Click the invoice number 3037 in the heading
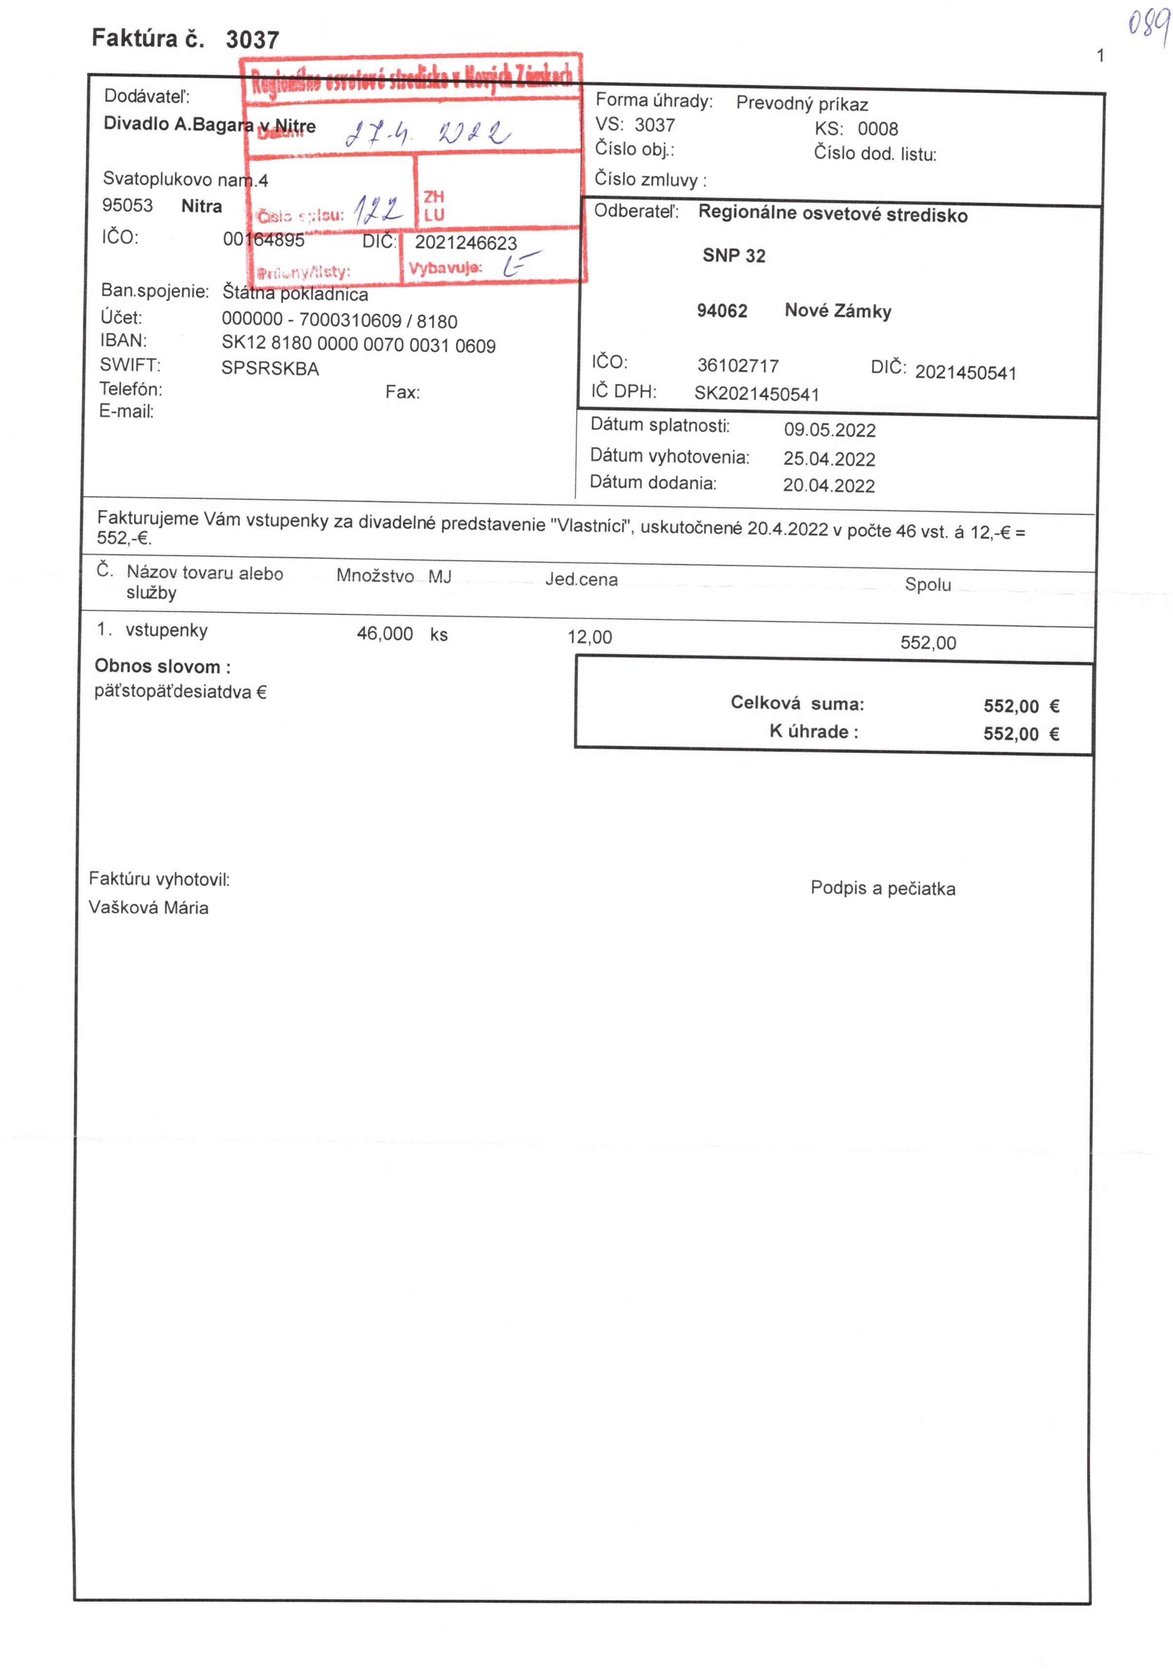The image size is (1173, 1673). [252, 39]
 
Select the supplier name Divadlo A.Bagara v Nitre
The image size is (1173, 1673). [209, 125]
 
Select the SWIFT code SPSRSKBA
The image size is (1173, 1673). [270, 368]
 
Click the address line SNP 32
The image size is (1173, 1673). [733, 256]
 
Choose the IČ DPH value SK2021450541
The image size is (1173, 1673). [756, 394]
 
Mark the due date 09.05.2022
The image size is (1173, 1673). [829, 430]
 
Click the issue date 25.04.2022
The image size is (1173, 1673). [829, 459]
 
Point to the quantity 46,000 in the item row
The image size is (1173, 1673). [384, 634]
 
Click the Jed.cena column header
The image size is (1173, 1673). [581, 580]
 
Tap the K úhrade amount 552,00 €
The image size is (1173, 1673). [1020, 734]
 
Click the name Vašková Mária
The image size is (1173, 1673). [149, 908]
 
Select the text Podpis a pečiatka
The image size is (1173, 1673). [882, 889]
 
